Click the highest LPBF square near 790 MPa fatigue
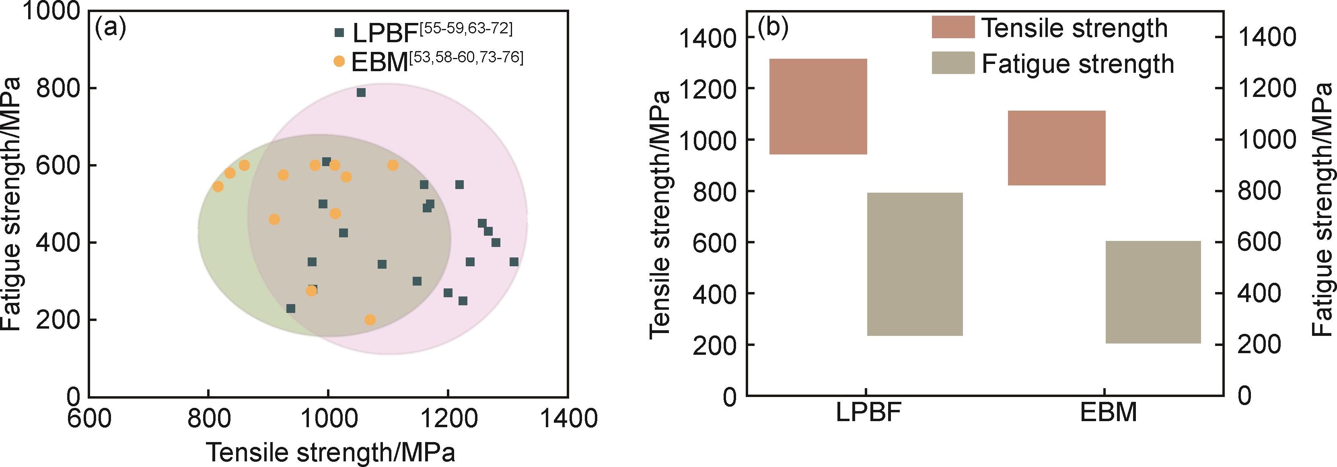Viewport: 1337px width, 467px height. click(361, 93)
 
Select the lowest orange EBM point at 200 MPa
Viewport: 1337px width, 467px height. click(370, 320)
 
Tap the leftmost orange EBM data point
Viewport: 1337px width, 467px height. click(218, 186)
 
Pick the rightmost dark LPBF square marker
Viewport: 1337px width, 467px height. click(514, 262)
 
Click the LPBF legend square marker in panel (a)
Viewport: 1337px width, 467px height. click(339, 33)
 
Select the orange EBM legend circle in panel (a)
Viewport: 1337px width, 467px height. click(339, 61)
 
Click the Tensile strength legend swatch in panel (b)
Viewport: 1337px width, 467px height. click(953, 27)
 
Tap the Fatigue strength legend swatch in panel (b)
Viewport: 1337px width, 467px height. click(953, 63)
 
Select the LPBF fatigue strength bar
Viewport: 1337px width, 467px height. click(915, 264)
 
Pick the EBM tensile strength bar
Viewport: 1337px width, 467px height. click(1057, 148)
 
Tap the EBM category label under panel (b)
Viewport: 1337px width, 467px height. click(1109, 413)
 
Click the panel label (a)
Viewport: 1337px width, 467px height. click(110, 27)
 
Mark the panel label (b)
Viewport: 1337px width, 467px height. click(773, 27)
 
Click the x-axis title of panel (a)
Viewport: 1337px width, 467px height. click(331, 452)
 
